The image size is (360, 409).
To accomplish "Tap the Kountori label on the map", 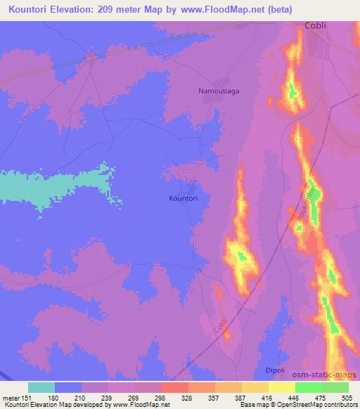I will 183,199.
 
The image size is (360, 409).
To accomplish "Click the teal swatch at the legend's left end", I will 41,387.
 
